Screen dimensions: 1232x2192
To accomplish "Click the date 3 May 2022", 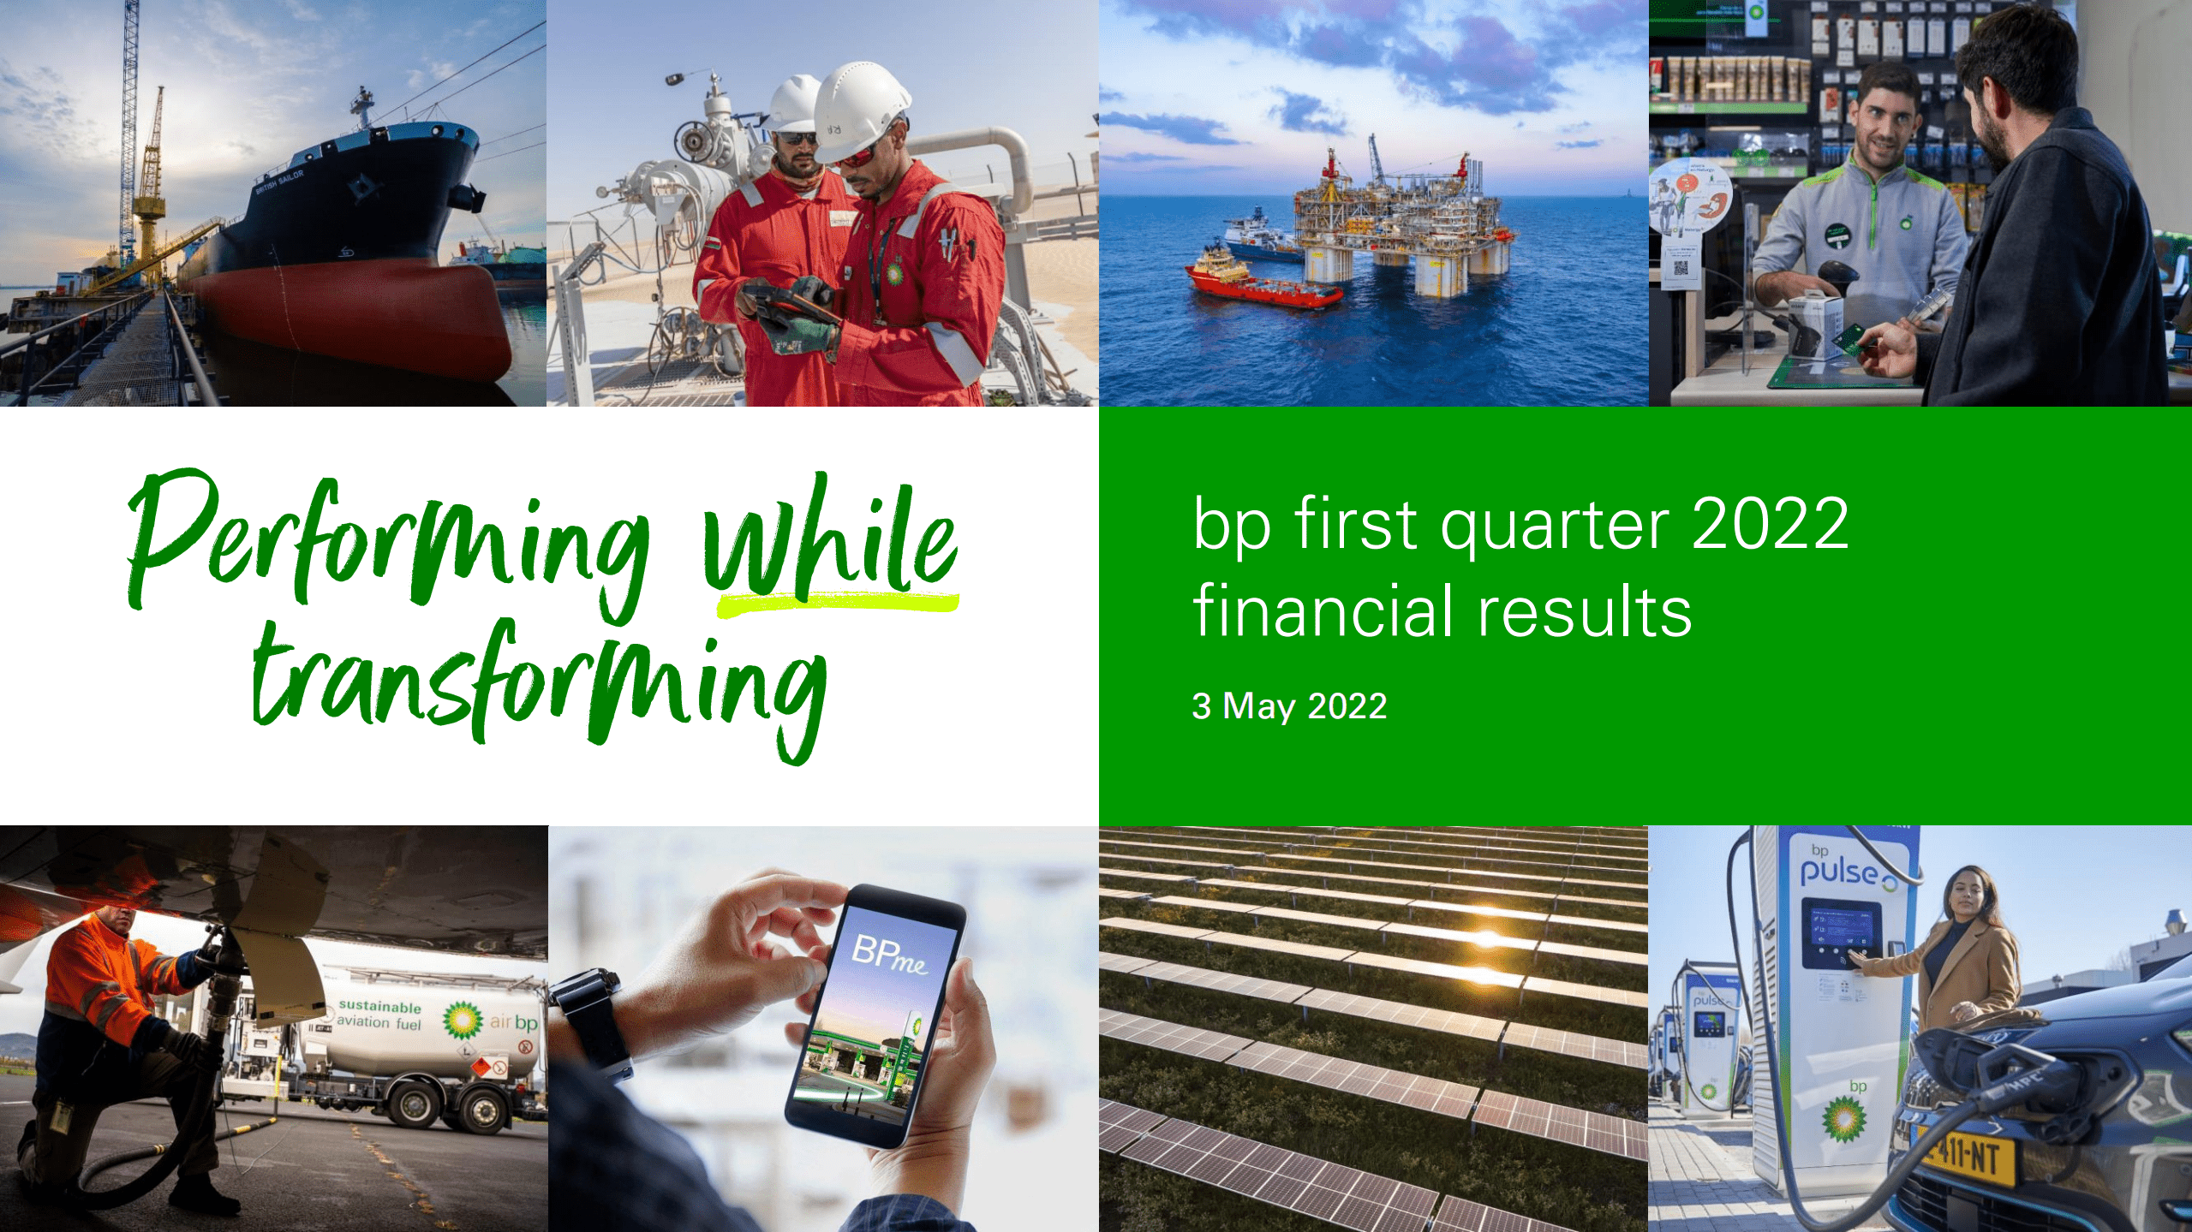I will pos(1288,706).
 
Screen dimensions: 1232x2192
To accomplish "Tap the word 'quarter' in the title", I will pos(1554,527).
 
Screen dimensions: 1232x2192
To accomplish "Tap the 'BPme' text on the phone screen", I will pos(889,955).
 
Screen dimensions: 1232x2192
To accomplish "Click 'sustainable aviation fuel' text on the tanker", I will pos(379,1015).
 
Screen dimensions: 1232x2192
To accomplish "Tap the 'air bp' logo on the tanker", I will pos(512,1022).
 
